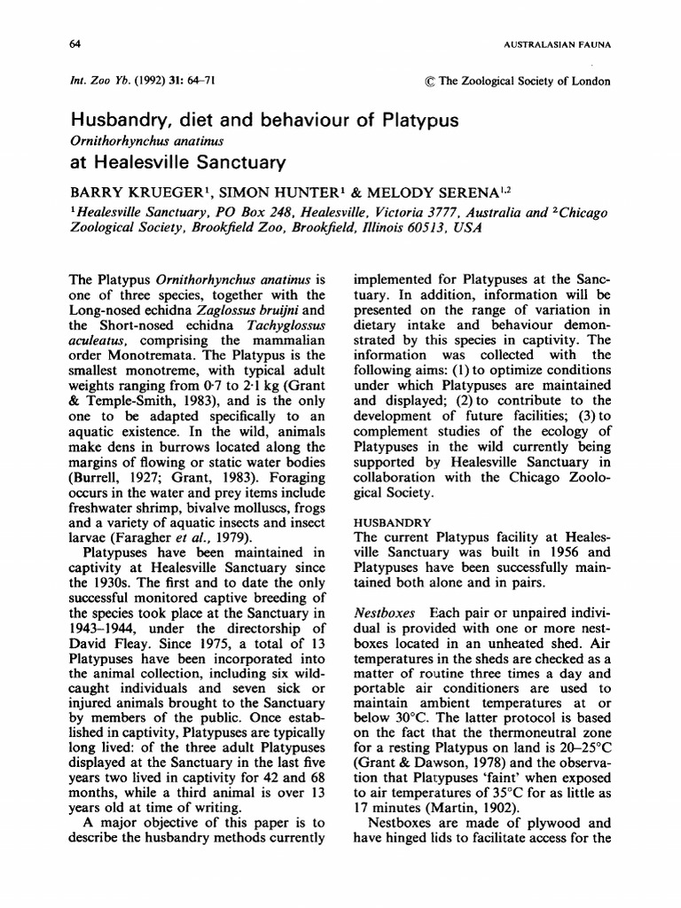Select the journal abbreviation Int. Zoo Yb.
(96, 82)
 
